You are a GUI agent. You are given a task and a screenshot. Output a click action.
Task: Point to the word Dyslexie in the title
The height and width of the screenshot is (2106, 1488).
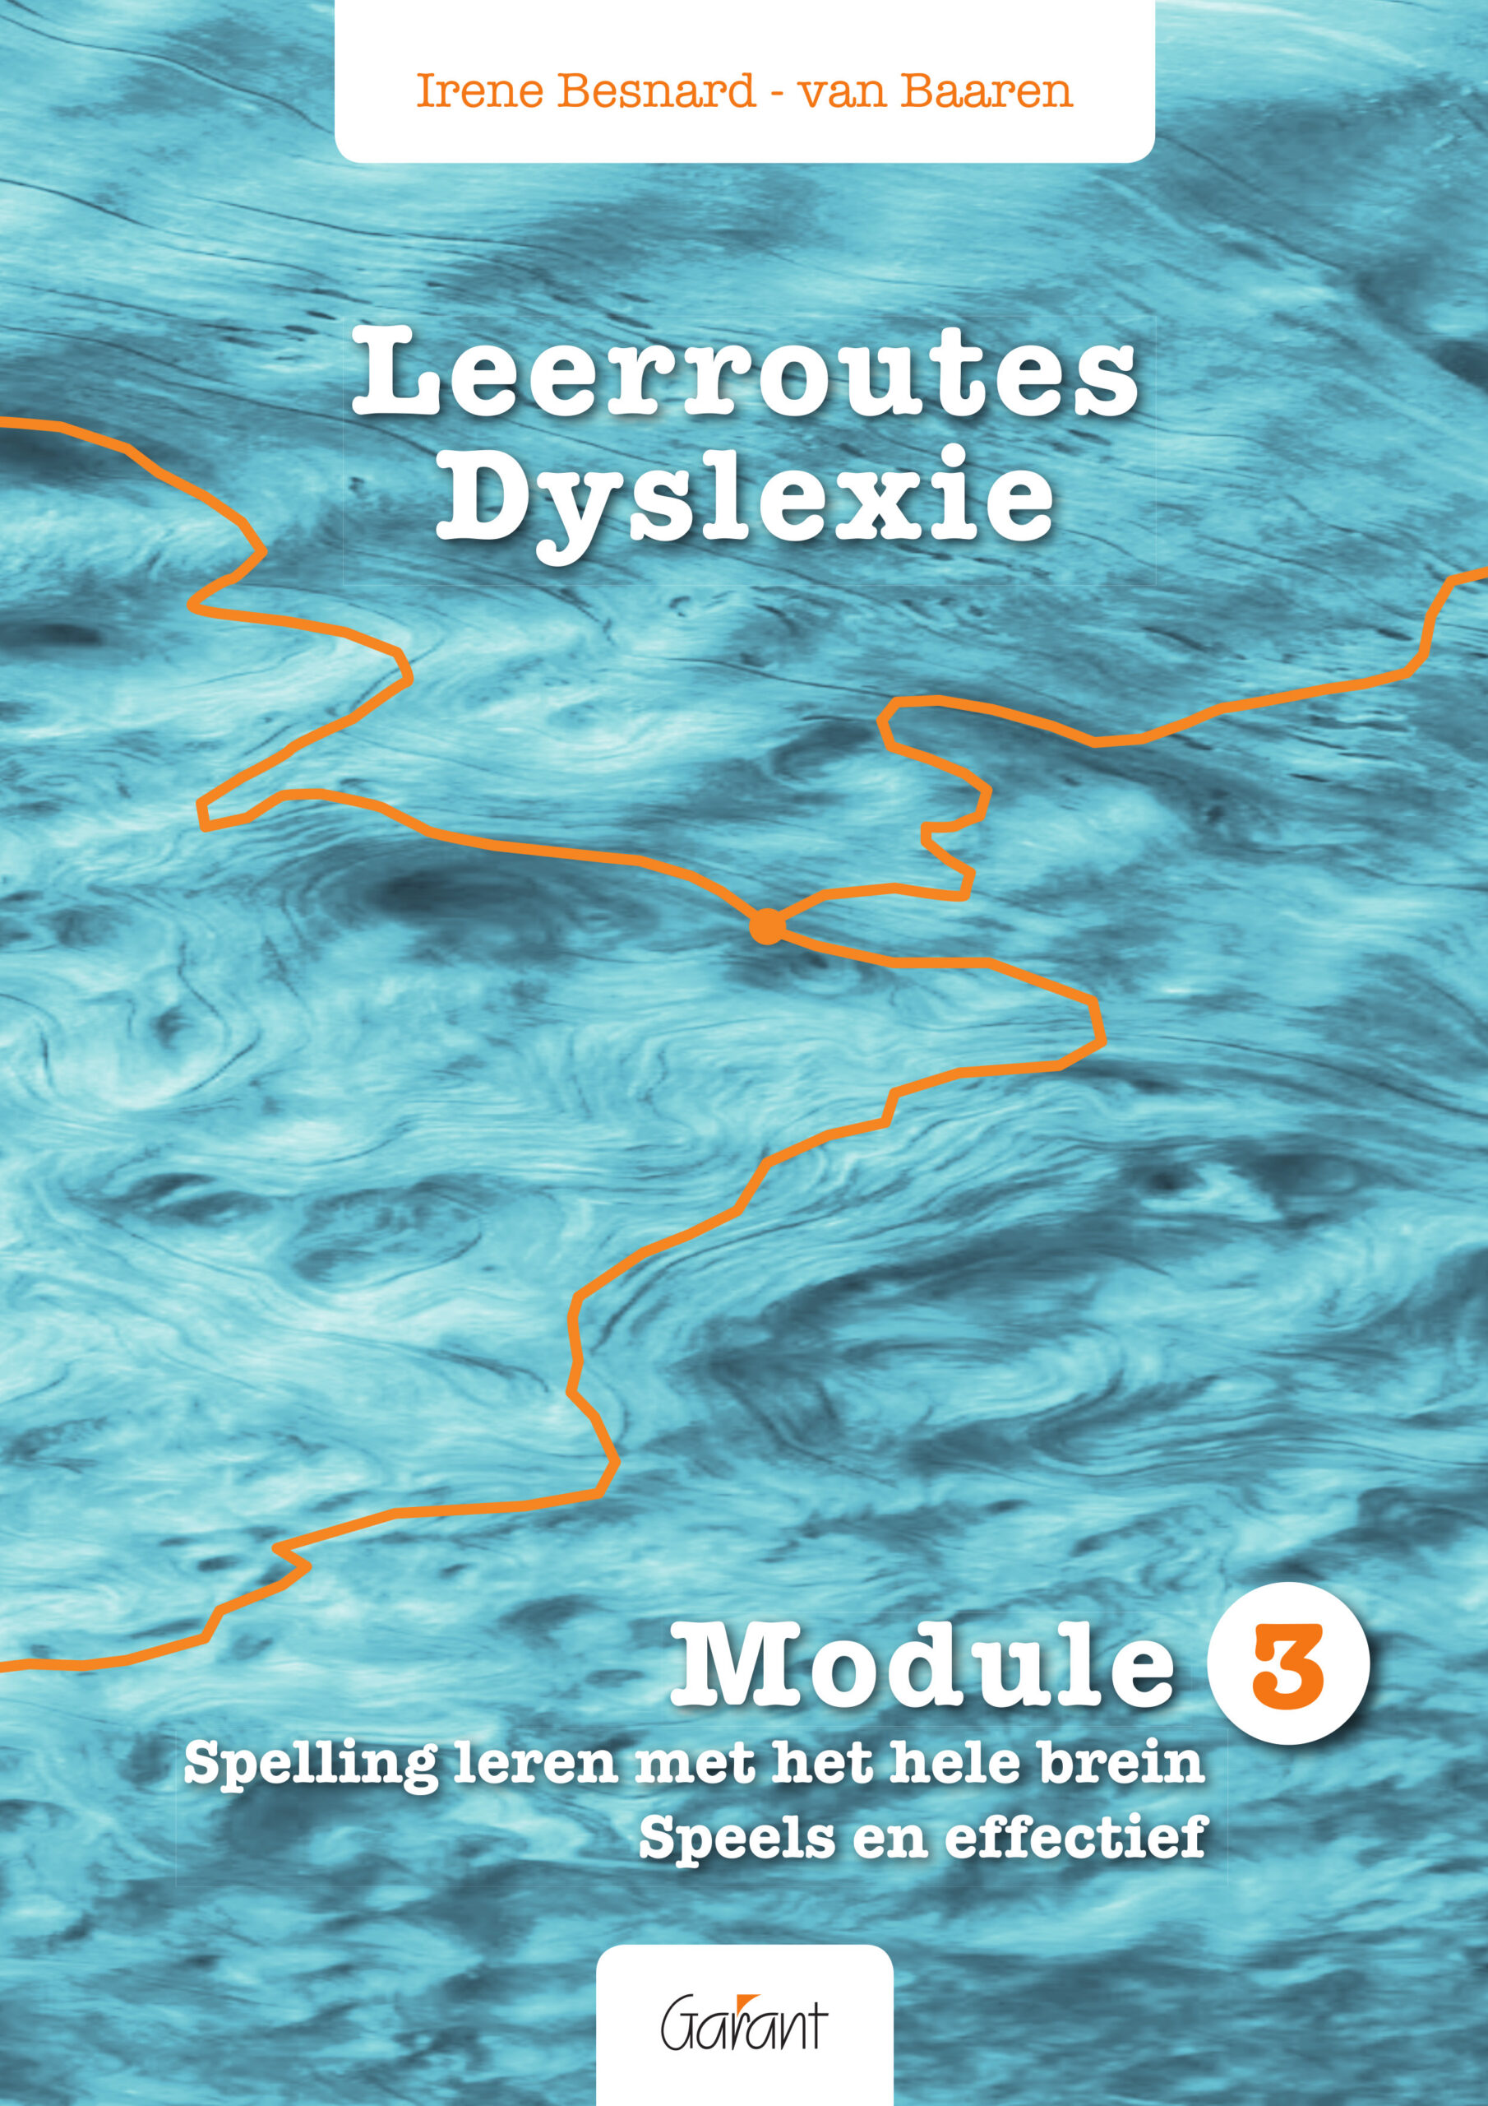tap(742, 503)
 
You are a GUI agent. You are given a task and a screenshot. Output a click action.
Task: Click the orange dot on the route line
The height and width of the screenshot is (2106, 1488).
tap(766, 927)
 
